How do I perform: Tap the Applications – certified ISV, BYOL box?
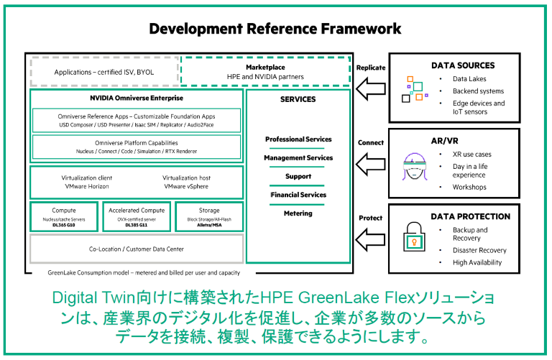103,72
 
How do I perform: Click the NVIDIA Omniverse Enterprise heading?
136,98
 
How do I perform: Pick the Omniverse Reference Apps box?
136,120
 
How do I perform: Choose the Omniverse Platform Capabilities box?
136,147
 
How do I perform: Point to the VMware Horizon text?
87,186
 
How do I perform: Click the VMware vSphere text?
187,186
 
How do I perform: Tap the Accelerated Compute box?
136,215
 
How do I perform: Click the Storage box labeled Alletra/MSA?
208,215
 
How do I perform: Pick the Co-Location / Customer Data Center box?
136,249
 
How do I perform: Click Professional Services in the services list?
298,139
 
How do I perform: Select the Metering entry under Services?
298,213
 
